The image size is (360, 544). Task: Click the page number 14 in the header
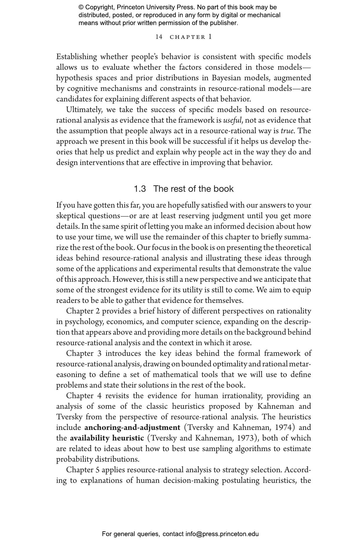159,37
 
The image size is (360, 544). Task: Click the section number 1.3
140,189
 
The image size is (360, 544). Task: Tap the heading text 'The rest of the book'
193,189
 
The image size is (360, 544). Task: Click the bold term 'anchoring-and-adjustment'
132,428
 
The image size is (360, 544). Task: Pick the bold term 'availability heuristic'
107,438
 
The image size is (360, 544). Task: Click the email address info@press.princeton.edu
222,534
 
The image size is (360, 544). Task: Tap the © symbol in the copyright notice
81,7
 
